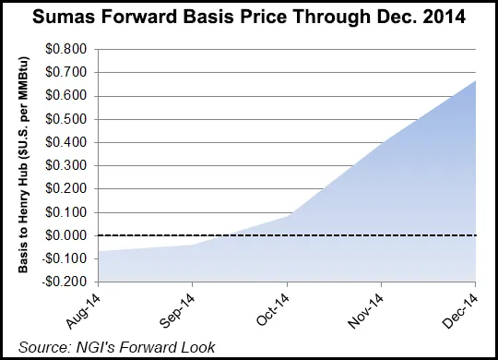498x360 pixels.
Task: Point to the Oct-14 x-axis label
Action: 272,306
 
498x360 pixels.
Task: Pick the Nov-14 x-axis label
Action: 367,306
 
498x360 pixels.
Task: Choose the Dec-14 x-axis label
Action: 461,306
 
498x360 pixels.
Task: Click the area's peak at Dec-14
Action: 475,80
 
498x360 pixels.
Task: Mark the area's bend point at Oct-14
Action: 286,216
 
